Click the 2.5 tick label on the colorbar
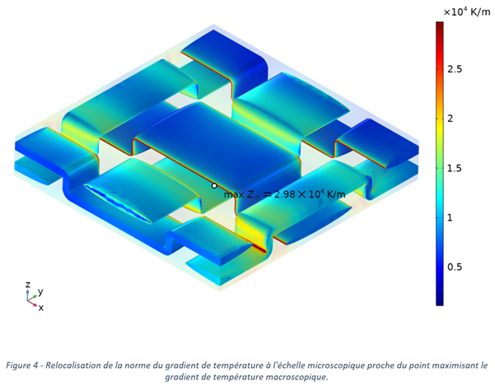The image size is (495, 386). click(455, 69)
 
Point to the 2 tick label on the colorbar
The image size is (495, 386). click(451, 119)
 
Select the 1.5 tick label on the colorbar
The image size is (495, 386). click(455, 168)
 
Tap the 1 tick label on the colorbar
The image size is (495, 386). click(450, 217)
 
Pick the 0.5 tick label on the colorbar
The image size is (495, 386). click(455, 267)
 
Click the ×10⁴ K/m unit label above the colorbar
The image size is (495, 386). click(467, 12)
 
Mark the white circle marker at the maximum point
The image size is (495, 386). click(214, 186)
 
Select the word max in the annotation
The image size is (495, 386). click(234, 194)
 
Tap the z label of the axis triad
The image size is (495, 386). click(28, 284)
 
